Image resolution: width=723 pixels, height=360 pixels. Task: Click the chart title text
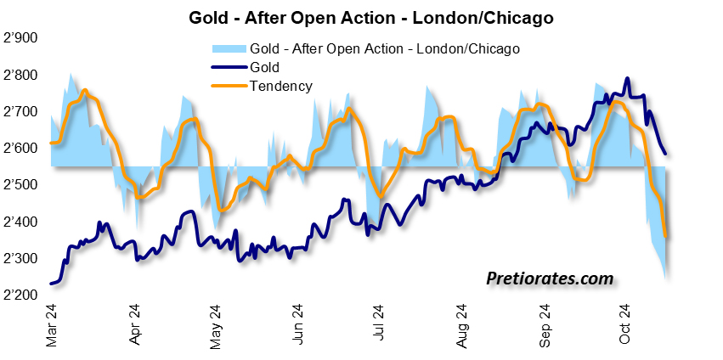point(361,15)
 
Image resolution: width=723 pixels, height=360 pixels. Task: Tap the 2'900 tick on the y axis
point(22,38)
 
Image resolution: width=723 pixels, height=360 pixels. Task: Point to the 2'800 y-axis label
point(22,75)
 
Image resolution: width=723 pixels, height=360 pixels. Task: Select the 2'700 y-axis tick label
point(22,111)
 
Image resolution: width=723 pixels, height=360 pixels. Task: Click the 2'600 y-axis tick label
point(22,148)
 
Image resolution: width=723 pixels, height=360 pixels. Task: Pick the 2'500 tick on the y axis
point(22,184)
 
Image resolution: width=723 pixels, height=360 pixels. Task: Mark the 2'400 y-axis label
point(22,222)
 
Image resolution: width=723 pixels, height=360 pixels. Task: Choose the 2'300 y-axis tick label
point(22,258)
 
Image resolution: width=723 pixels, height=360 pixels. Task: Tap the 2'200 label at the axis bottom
point(22,295)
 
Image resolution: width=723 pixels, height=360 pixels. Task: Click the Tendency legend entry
point(281,85)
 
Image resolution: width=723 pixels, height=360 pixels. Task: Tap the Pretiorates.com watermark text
point(550,278)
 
